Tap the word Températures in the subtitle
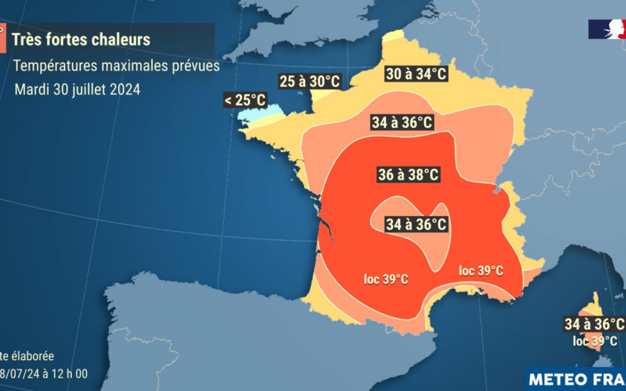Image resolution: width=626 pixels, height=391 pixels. (x=48, y=66)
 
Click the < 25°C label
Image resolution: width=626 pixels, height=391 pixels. (x=245, y=100)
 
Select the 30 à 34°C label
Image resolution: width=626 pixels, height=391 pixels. (x=416, y=74)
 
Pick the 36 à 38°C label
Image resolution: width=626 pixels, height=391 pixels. (x=408, y=174)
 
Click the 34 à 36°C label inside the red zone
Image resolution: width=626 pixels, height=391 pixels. (x=417, y=225)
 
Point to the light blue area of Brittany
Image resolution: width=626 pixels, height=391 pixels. (x=252, y=115)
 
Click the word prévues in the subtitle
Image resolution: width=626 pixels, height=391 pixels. (x=197, y=66)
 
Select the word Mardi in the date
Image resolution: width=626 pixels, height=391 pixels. (x=30, y=90)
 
